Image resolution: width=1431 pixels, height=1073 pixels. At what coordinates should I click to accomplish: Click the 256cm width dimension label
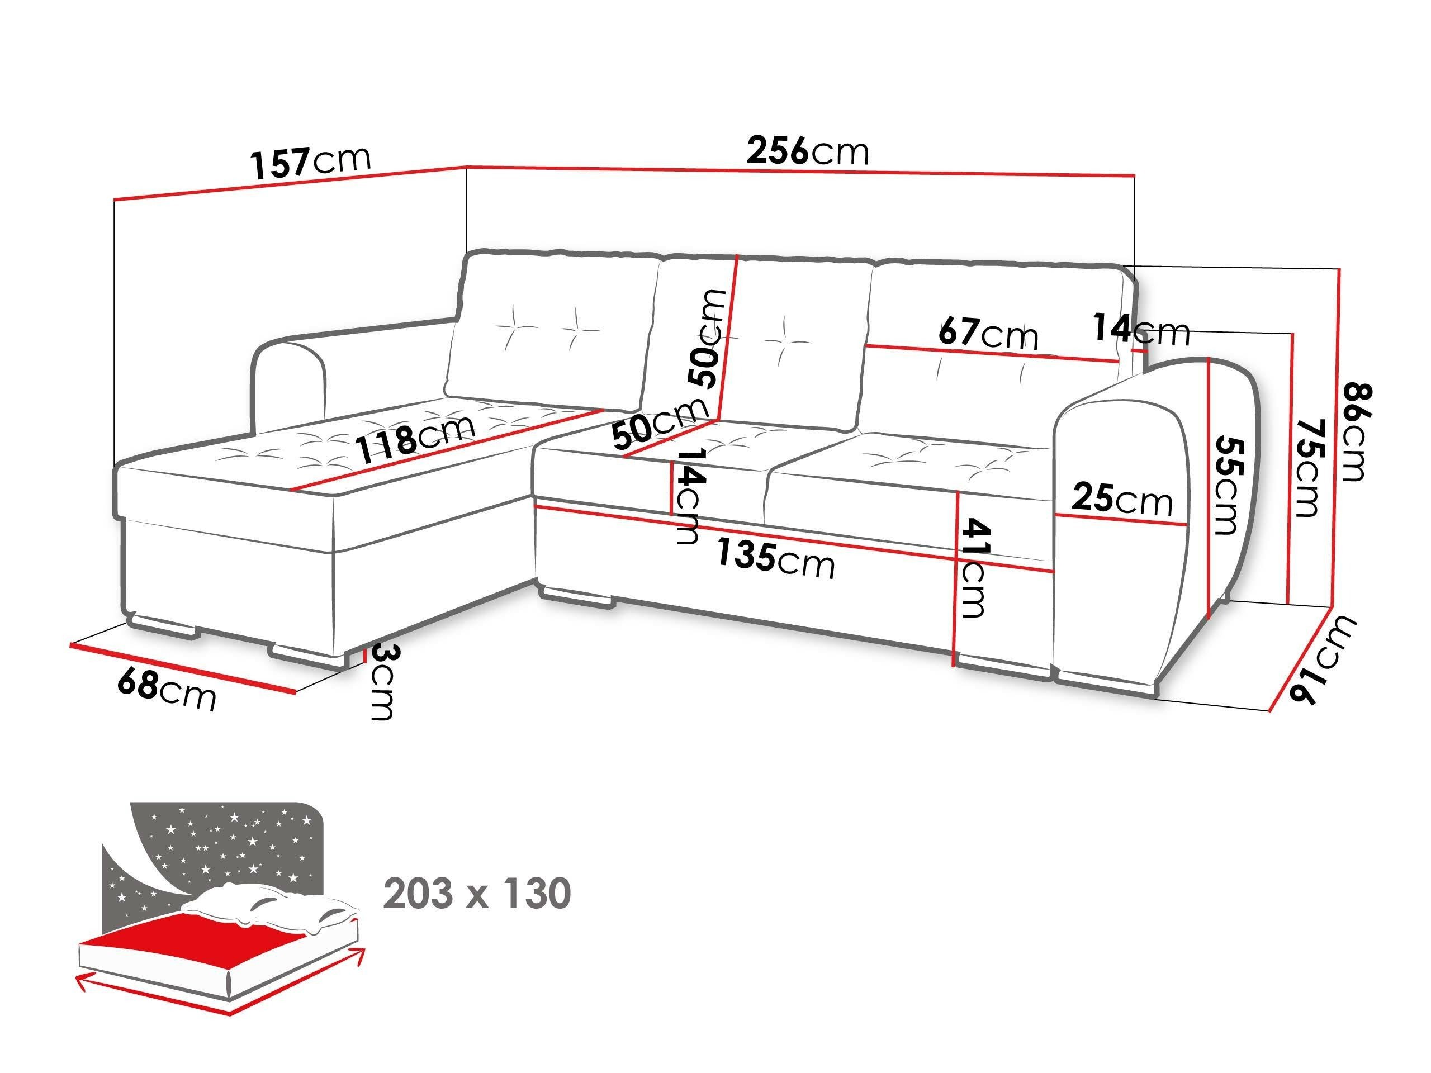click(807, 151)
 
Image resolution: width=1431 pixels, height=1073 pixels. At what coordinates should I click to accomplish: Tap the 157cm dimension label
click(311, 162)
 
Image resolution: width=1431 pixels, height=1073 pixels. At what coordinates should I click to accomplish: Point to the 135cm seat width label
click(775, 559)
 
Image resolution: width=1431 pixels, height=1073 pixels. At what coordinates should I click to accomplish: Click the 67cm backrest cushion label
click(988, 333)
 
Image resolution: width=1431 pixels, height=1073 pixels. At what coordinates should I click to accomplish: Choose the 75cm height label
click(1309, 468)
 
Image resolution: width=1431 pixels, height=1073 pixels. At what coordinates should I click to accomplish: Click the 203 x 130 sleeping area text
click(477, 894)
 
